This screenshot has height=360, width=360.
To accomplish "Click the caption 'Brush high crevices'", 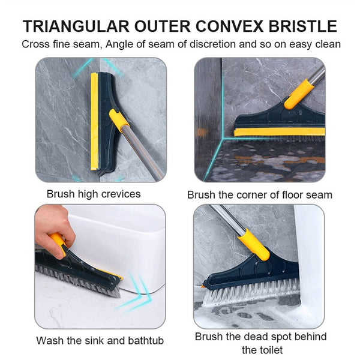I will point(94,194).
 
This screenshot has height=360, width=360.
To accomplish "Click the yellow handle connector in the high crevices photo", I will point(119,119).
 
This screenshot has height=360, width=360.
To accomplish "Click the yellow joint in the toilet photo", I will point(254,244).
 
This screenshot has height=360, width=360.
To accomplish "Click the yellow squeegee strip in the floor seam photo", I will point(279,131).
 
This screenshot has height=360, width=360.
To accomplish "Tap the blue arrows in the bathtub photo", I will point(135,293).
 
